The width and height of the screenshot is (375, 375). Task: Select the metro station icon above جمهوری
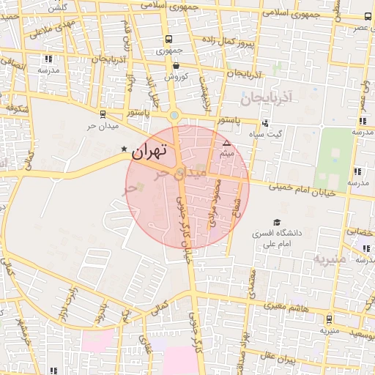pyautogui.click(x=169, y=39)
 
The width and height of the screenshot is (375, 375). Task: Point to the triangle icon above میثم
pyautogui.click(x=226, y=143)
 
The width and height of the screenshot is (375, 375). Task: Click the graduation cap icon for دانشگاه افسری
pyautogui.click(x=277, y=222)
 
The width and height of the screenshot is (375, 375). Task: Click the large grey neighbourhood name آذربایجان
pyautogui.click(x=267, y=96)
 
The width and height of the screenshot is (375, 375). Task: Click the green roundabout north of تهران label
pyautogui.click(x=174, y=115)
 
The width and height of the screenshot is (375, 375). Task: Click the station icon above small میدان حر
pyautogui.click(x=101, y=114)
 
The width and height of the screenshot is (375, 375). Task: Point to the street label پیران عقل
pyautogui.click(x=278, y=359)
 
